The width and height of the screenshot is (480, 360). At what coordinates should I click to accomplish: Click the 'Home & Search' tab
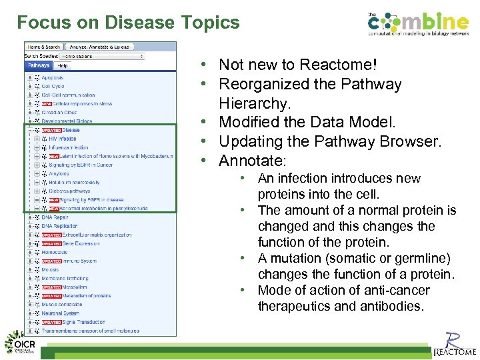[x=43, y=47]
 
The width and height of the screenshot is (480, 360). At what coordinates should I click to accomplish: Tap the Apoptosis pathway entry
[x=53, y=78]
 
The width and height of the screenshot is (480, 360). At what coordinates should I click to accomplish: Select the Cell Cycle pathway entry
[x=53, y=87]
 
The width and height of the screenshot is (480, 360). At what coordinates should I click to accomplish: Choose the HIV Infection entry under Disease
[x=63, y=139]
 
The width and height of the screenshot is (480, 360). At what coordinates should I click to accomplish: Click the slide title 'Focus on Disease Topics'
[x=128, y=23]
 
